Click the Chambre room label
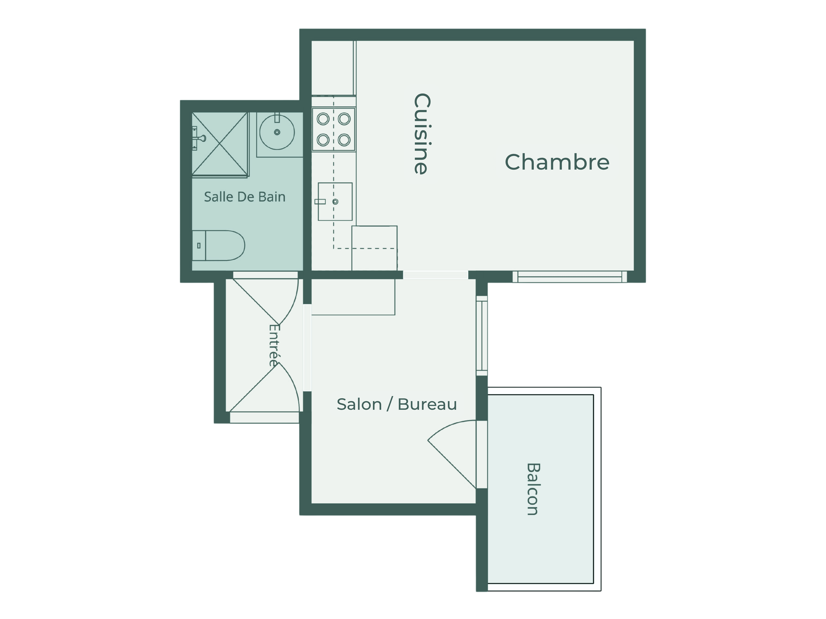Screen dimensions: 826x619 (557, 162)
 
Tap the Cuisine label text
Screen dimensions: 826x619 (422, 134)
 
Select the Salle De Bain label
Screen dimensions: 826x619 (244, 197)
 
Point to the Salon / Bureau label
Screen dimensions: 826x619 (396, 404)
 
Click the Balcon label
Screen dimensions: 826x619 (533, 489)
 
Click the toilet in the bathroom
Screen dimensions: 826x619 (218, 246)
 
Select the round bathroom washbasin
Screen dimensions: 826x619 (277, 132)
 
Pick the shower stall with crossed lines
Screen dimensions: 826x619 (220, 144)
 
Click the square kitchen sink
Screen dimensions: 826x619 (335, 201)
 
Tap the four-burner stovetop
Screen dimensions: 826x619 (333, 129)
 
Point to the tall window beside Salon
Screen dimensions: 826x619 (482, 336)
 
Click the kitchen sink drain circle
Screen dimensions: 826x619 (335, 201)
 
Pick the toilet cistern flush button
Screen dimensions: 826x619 (199, 246)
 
